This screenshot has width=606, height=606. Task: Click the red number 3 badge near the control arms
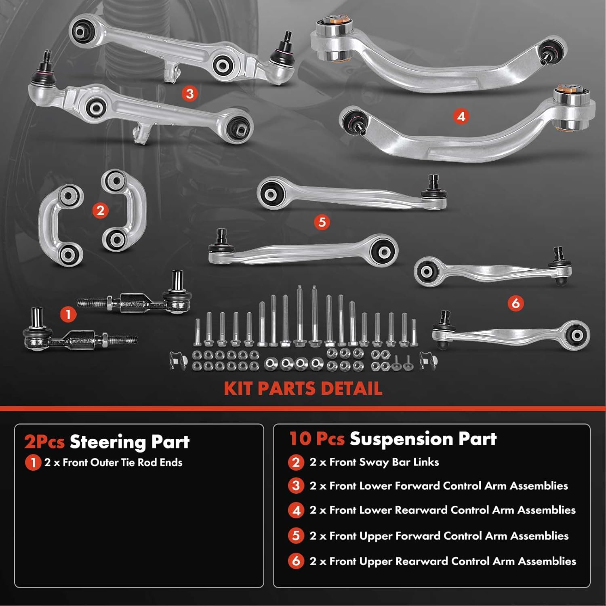(189, 94)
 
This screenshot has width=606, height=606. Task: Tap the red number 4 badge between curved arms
(461, 117)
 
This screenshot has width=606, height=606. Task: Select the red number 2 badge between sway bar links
(100, 210)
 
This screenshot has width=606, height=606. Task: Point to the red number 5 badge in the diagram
(322, 222)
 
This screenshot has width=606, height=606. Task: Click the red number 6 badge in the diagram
(516, 303)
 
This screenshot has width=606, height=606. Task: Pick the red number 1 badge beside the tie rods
(68, 314)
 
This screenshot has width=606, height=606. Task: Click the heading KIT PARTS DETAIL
(303, 389)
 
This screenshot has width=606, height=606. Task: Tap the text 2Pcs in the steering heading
(44, 442)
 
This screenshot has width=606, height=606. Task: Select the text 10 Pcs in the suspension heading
(317, 439)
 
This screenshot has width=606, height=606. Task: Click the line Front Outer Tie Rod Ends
(114, 463)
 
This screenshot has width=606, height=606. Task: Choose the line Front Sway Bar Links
(374, 462)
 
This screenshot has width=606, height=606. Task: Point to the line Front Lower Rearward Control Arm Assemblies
(442, 510)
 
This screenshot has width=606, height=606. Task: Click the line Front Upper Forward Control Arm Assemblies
(439, 536)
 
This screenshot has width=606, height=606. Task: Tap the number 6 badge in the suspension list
(296, 561)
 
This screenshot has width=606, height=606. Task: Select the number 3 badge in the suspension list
(296, 486)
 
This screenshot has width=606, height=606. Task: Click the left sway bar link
(61, 225)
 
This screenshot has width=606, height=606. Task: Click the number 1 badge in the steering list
(33, 463)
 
